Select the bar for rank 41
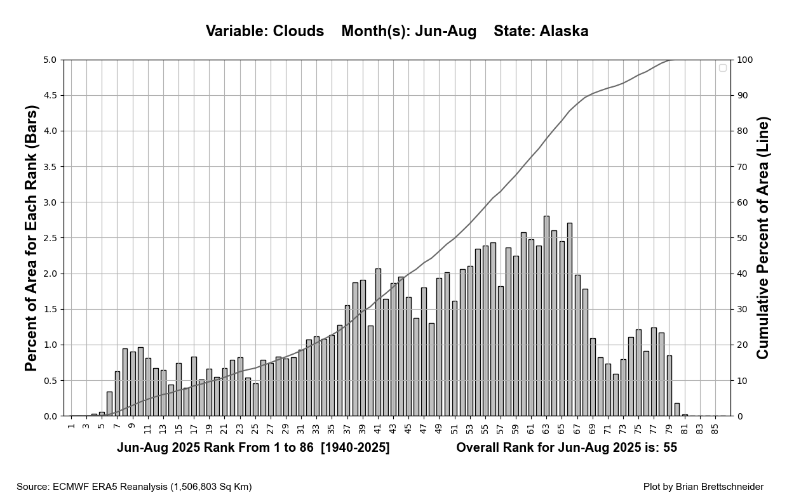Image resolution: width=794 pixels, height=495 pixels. coord(378,343)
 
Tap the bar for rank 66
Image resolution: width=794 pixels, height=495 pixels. coord(570,320)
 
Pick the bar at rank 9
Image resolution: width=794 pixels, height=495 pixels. coord(133,384)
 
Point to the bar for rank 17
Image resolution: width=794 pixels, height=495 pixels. coord(194,386)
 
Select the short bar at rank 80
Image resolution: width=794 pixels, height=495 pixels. coord(677,410)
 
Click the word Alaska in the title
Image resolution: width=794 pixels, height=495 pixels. coord(563,31)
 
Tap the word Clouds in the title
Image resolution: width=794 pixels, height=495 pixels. coord(298,31)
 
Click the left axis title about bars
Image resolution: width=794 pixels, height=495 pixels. coord(32,238)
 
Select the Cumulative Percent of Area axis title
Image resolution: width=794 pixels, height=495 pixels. coord(763,238)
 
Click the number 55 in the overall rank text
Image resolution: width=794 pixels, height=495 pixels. coord(670,448)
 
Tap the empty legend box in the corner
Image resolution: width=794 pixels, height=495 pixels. coord(722,68)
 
